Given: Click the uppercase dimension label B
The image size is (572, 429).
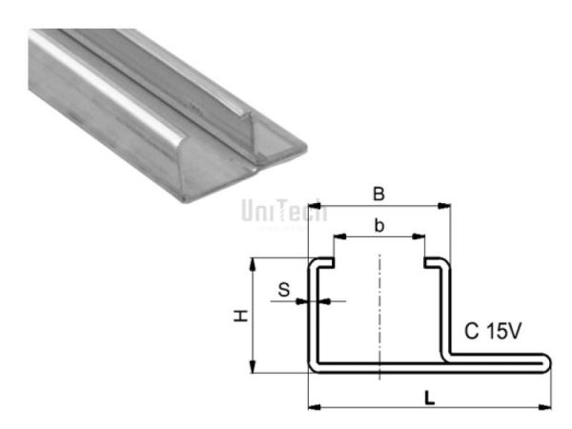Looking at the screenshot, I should point(378,194).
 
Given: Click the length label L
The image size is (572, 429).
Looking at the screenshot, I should point(431,398).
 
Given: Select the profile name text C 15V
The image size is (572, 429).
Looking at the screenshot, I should point(493,332).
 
